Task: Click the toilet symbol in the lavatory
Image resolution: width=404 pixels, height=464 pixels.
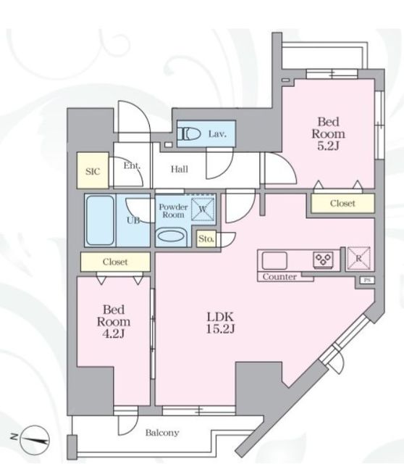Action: [188, 134]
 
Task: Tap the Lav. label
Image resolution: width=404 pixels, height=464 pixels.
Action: [217, 134]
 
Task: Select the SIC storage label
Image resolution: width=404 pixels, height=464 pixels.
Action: [93, 171]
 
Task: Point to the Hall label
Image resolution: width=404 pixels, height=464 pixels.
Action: [180, 169]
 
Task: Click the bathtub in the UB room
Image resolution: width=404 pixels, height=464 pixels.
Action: [100, 220]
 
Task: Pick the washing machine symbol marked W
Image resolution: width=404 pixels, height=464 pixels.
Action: [203, 210]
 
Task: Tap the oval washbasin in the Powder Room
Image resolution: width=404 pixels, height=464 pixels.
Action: [172, 236]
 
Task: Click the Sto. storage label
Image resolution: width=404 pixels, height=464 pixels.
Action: [206, 239]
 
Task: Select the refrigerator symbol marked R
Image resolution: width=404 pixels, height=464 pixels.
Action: [358, 258]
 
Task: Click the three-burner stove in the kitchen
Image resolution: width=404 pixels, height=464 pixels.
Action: [324, 260]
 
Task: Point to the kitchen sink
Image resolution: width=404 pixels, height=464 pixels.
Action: [274, 261]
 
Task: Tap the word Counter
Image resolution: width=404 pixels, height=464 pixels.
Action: [279, 277]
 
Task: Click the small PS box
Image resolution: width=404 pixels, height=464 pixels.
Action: [367, 281]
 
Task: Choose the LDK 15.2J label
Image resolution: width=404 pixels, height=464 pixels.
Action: [221, 323]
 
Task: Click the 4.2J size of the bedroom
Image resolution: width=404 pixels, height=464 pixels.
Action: [114, 333]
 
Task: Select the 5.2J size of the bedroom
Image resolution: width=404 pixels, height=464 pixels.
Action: [329, 146]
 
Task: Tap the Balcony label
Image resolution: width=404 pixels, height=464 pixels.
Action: [162, 433]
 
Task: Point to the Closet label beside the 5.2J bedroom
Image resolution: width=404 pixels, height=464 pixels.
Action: [342, 203]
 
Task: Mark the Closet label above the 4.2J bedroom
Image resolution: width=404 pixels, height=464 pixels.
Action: [115, 262]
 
